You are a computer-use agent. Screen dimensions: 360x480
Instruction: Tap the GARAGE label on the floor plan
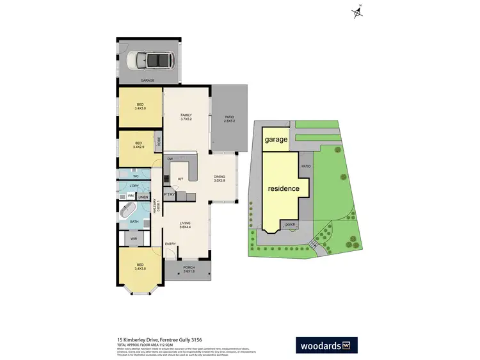(148, 81)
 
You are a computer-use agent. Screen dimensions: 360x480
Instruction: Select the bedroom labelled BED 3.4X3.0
(140, 107)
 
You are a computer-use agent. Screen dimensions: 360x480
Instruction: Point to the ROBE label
(159, 140)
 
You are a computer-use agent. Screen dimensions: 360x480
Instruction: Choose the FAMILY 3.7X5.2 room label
(186, 117)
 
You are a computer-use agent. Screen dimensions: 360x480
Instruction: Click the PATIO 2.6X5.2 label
(228, 119)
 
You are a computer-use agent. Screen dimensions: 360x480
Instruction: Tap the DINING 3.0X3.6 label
(220, 179)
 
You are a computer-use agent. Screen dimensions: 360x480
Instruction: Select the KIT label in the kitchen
(181, 179)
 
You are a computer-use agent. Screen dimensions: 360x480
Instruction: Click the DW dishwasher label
(170, 159)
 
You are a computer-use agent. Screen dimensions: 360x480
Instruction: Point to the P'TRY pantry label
(170, 194)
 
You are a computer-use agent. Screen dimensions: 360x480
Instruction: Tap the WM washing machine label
(131, 195)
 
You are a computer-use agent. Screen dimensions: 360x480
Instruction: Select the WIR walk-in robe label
(134, 239)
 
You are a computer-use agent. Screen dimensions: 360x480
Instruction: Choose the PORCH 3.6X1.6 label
(188, 270)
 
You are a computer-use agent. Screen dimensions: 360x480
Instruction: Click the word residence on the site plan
(284, 189)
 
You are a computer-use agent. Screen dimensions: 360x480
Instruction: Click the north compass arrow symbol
(357, 13)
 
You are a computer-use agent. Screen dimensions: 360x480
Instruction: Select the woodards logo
(326, 345)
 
